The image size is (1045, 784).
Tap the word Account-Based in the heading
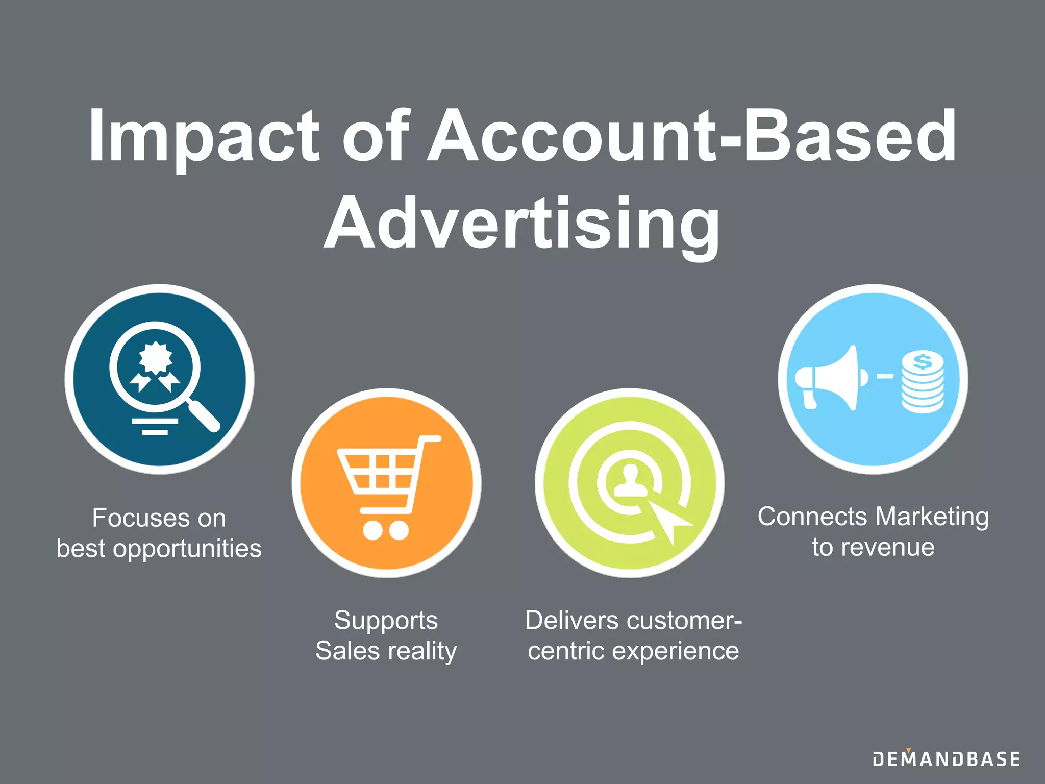pyautogui.click(x=691, y=137)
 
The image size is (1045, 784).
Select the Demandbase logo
pyautogui.click(x=946, y=759)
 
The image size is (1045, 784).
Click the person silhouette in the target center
pyautogui.click(x=630, y=481)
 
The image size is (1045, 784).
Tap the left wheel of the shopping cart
pyautogui.click(x=372, y=530)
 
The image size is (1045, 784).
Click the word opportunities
pyautogui.click(x=187, y=549)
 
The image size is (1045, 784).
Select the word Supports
pyautogui.click(x=386, y=621)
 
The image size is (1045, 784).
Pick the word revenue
pyautogui.click(x=888, y=547)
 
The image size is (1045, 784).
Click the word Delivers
pyautogui.click(x=571, y=621)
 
